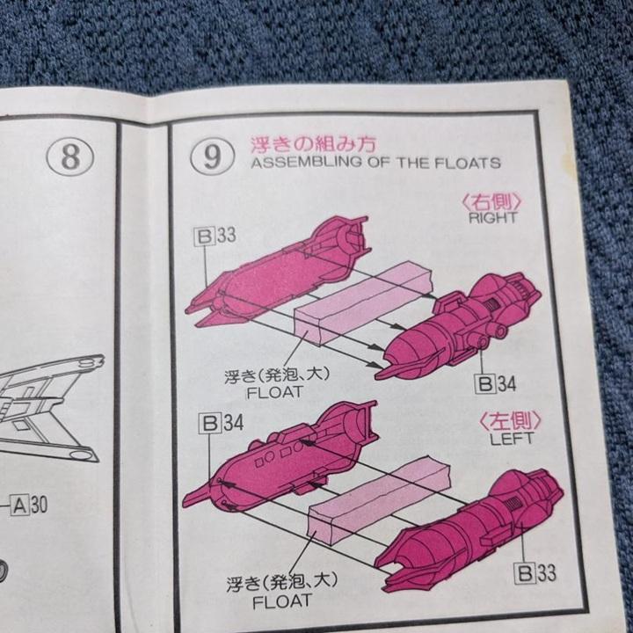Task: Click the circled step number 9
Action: tap(211, 156)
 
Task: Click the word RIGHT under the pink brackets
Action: tap(493, 216)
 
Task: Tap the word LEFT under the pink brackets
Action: tap(512, 438)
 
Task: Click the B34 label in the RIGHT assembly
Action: tap(495, 383)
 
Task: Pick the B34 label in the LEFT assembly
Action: tap(221, 422)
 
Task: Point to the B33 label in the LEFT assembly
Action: tap(535, 574)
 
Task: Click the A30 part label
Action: tap(32, 505)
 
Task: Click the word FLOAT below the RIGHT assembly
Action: tap(276, 393)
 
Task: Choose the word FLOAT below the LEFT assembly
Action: tap(281, 601)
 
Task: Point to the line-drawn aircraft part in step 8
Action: tap(53, 404)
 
